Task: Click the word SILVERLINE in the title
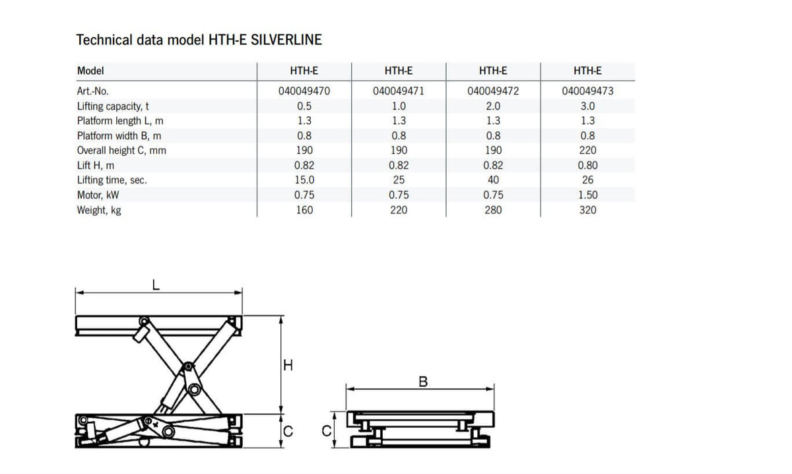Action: point(286,40)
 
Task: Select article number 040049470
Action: point(304,91)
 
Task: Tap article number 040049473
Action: point(587,91)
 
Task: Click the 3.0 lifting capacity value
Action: point(587,106)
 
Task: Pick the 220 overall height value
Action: point(587,151)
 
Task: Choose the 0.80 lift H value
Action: point(587,165)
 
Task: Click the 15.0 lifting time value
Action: point(304,180)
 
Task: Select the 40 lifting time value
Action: point(493,180)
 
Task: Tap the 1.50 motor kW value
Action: point(587,195)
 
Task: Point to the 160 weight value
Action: point(304,210)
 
